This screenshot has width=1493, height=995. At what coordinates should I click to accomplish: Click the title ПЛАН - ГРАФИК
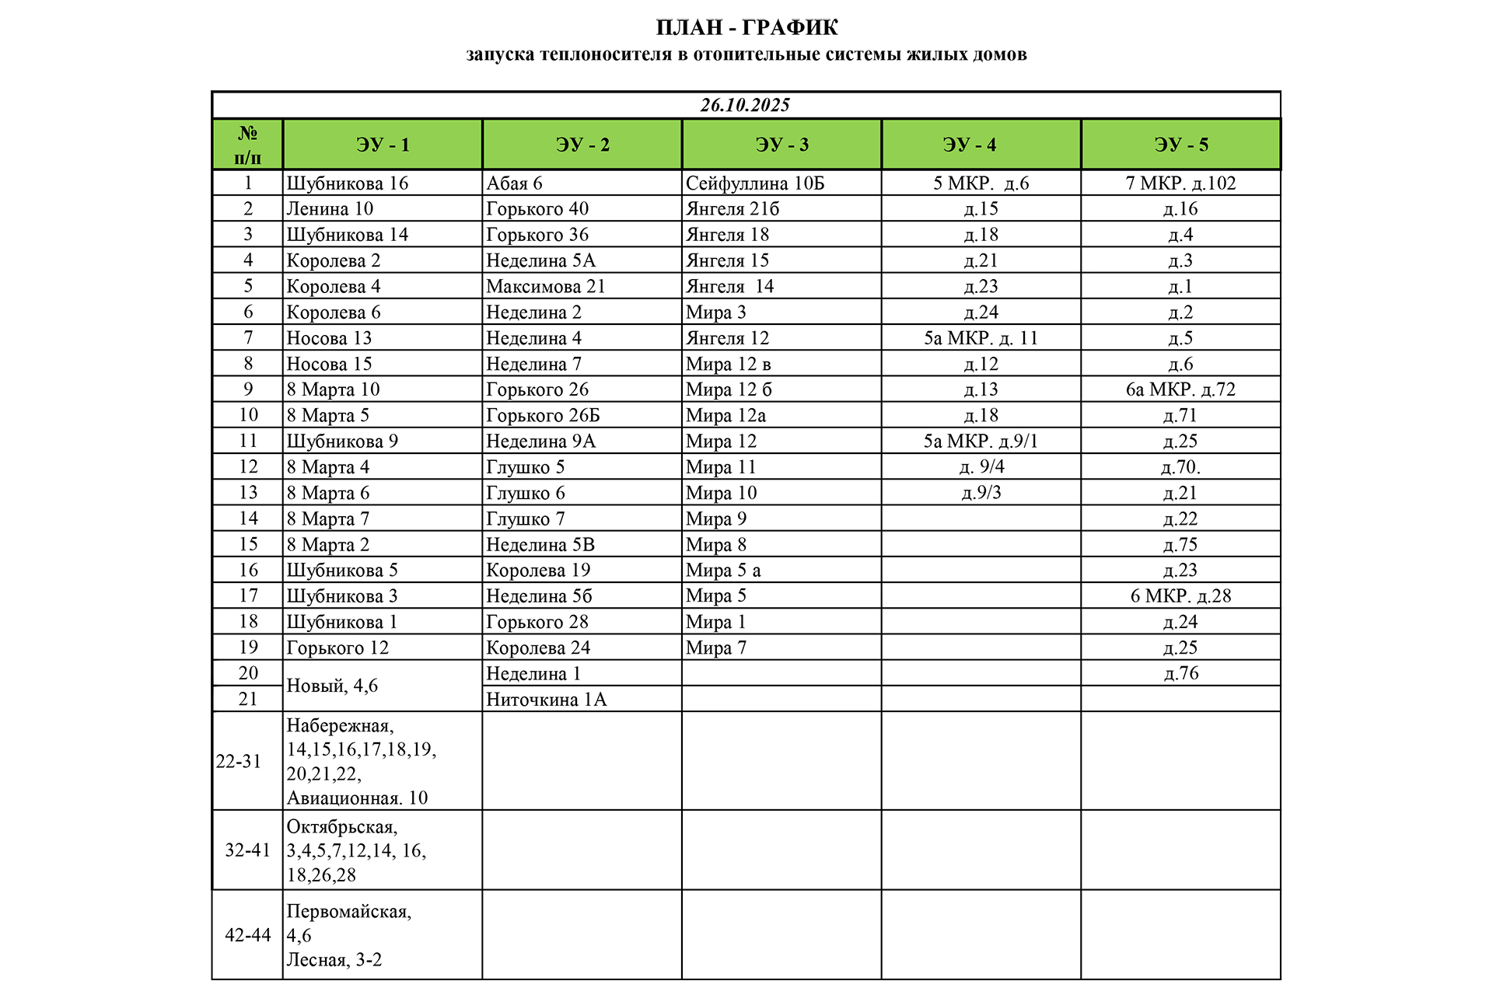coord(746,28)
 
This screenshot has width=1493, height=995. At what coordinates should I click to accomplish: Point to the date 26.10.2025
coord(745,105)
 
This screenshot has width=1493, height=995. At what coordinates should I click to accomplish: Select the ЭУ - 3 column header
coord(781,145)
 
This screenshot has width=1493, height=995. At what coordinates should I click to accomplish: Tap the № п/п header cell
coord(247,145)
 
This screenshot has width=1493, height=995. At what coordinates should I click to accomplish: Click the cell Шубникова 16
coord(348,183)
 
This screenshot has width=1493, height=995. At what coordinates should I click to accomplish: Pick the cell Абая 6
coord(514,183)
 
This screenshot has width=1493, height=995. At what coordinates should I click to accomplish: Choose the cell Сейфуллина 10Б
coord(754,183)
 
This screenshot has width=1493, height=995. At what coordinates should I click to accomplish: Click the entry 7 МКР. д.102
coord(1180,183)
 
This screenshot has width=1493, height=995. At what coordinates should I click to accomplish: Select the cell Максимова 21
coord(545,286)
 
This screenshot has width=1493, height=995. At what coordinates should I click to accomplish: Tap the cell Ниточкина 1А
coord(546,700)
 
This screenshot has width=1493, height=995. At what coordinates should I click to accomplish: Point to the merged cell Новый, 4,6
coord(332,686)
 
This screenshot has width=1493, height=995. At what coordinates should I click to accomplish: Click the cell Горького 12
coord(337,648)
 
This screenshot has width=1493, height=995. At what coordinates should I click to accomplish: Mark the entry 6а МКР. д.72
coord(1180,389)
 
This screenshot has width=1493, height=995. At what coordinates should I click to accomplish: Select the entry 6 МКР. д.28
coord(1180,596)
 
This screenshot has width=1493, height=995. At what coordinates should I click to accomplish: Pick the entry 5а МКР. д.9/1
coord(981,442)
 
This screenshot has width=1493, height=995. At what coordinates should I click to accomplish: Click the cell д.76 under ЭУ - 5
coord(1180,673)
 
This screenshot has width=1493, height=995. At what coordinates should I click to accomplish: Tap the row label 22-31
coord(239,762)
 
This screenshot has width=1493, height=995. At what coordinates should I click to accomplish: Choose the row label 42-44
coord(247,935)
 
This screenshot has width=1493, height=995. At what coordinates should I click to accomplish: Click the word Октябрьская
coord(342,827)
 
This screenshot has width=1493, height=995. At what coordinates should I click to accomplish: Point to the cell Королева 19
coord(538,571)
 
